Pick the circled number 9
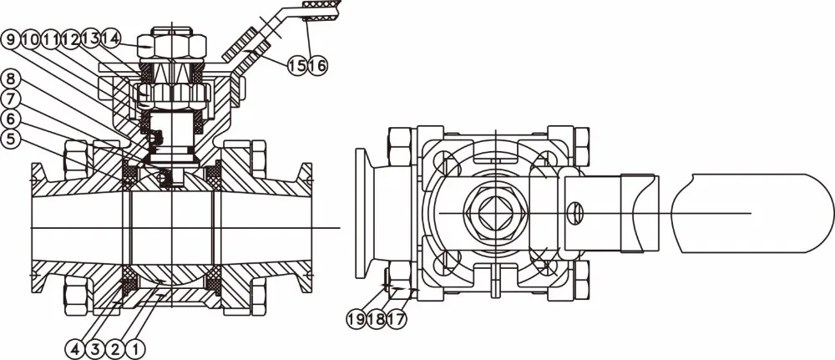point(11,38)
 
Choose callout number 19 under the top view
point(357,317)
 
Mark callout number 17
point(397,317)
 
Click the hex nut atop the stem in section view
point(170,43)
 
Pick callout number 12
point(71,38)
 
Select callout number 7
point(11,99)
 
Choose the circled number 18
point(377,317)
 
